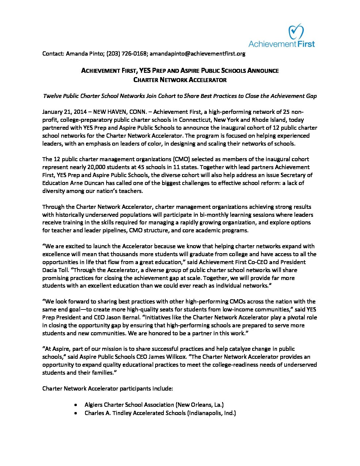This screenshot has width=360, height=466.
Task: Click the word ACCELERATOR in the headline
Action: coord(208,80)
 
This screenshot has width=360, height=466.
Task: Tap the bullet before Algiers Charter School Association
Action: coord(76,405)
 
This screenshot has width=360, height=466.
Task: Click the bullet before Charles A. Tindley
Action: coord(76,413)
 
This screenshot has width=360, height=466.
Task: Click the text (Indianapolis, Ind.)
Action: coord(212,413)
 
